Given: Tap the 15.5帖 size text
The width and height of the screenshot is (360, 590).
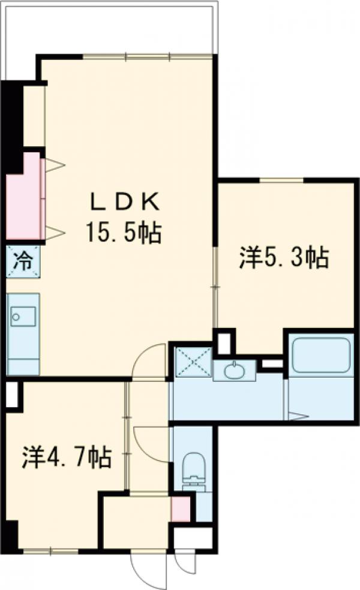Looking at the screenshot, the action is [124, 233].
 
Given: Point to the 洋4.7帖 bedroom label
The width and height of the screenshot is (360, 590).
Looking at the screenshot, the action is [66, 456].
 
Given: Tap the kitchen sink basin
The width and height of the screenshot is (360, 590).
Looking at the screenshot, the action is [23, 316].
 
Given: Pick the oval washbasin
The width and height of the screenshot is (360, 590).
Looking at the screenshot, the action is [234, 371].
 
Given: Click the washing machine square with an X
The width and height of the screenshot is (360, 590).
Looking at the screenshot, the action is [193, 361].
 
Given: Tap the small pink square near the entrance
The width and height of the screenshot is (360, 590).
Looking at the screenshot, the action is [181, 509].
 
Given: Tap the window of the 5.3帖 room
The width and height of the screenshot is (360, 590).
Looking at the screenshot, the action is [281, 180].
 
